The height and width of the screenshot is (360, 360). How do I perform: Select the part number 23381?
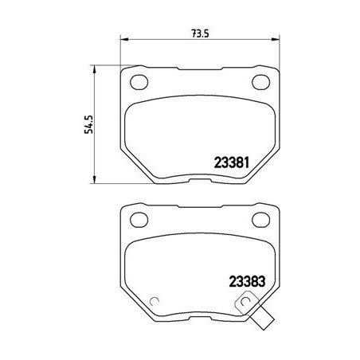(x=233, y=162)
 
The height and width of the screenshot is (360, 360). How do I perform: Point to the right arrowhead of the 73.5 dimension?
(x=278, y=37)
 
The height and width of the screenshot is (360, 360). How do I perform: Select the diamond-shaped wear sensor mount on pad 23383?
(x=247, y=302)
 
